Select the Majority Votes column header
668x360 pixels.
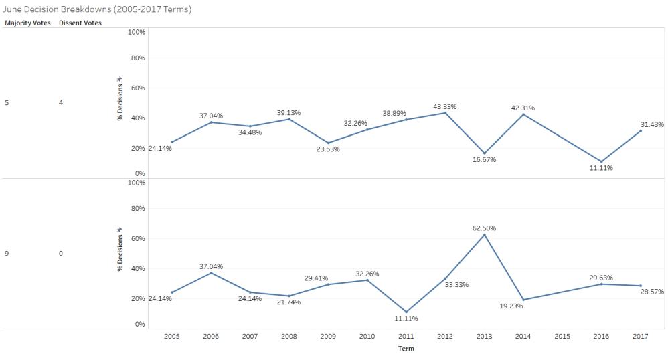(x=27, y=23)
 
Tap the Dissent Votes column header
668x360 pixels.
(x=80, y=23)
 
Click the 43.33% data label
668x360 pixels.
(x=445, y=106)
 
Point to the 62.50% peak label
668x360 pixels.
(x=484, y=228)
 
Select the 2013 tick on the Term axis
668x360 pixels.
(x=484, y=337)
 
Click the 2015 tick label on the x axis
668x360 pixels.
(x=562, y=337)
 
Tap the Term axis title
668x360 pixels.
(x=406, y=349)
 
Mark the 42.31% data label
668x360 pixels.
(x=523, y=108)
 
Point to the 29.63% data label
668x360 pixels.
(x=602, y=278)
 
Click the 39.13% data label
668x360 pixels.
(x=289, y=112)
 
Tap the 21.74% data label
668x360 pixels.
(x=288, y=302)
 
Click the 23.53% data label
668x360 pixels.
(x=328, y=149)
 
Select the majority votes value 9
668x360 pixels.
(x=7, y=254)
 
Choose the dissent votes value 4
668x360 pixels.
(x=61, y=103)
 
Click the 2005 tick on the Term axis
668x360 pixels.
(x=172, y=337)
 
